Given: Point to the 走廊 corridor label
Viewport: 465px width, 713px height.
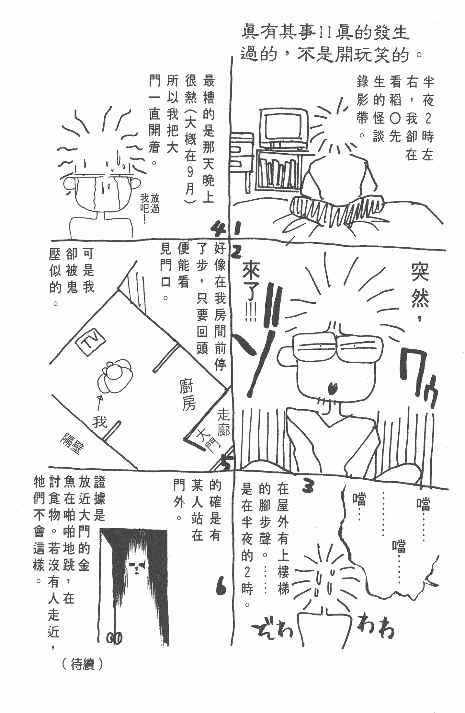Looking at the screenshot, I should point(223,422).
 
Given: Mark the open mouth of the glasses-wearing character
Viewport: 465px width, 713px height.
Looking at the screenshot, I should point(332,387).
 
